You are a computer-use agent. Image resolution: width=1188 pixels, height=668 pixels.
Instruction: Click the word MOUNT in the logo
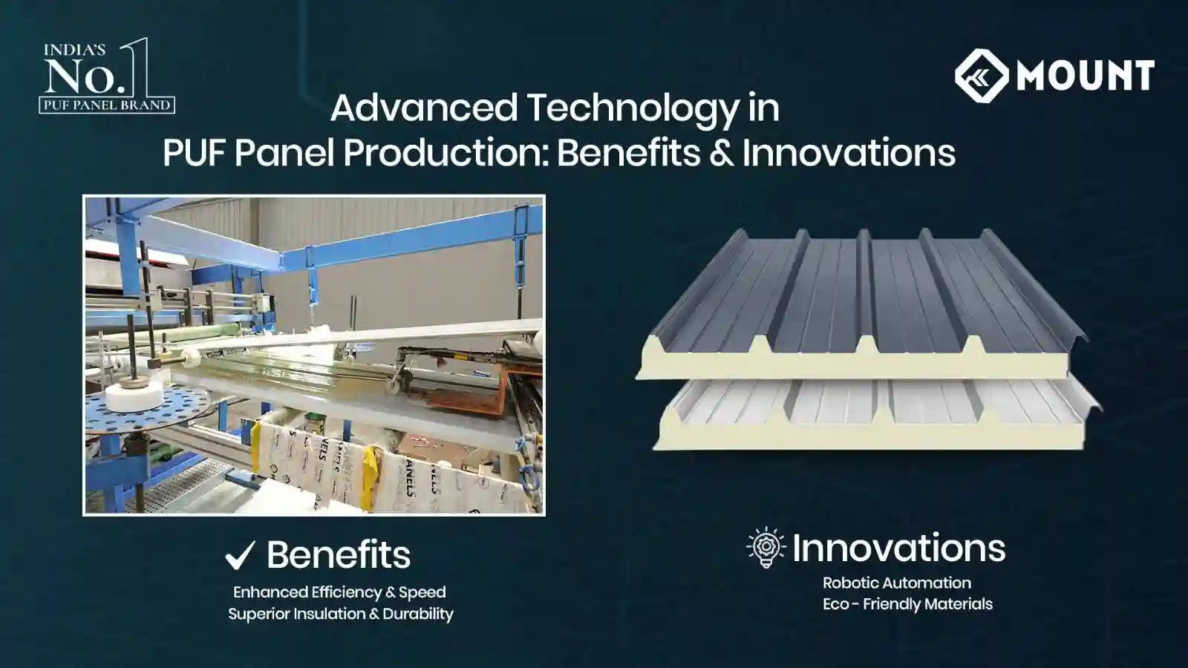[x=1085, y=76]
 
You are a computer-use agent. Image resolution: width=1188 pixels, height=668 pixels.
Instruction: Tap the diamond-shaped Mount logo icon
[x=981, y=76]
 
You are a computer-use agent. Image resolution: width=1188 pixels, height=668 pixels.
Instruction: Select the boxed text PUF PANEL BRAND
[x=107, y=105]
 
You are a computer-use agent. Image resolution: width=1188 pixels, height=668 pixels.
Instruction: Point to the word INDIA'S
[x=74, y=50]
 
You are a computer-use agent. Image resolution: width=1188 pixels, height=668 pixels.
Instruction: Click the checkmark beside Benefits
[x=240, y=555]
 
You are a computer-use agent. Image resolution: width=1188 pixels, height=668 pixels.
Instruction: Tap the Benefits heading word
[x=338, y=555]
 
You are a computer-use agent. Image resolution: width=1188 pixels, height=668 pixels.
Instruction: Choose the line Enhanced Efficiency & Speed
[x=339, y=592]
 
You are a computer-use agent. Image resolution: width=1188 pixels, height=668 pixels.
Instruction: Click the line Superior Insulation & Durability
[x=340, y=614]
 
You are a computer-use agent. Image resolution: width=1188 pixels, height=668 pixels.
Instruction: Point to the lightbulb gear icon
[x=766, y=548]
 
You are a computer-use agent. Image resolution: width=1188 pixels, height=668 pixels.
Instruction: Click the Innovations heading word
[x=898, y=549]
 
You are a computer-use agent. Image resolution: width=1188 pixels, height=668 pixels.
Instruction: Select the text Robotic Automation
[x=896, y=583]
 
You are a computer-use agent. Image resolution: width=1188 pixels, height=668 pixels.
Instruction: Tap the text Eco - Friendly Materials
[x=907, y=604]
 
